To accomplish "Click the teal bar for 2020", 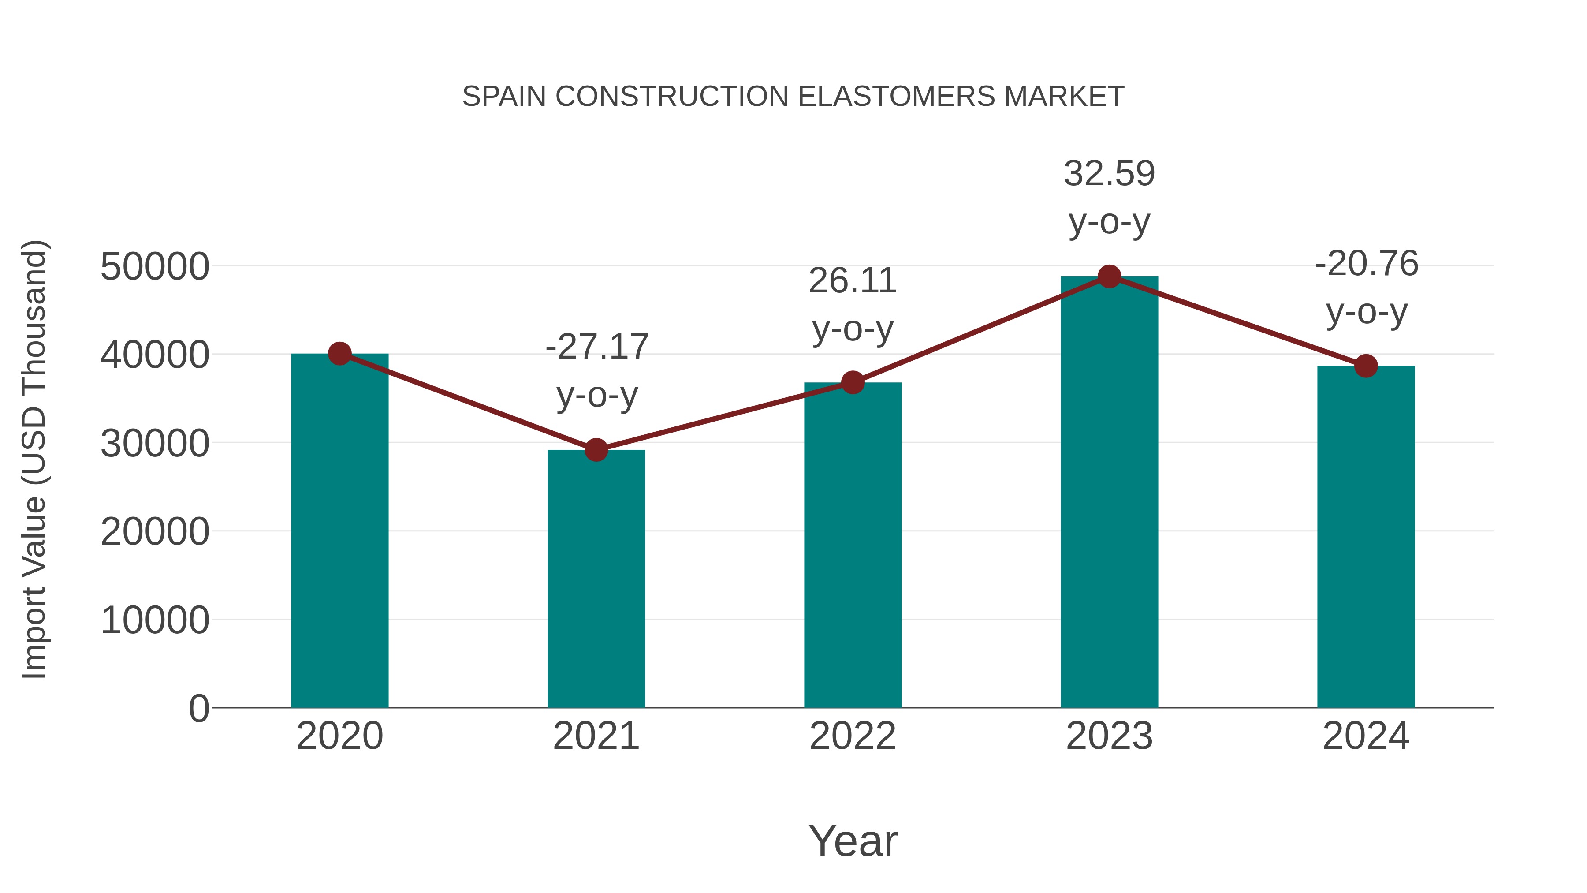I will [339, 530].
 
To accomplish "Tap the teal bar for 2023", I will [1109, 493].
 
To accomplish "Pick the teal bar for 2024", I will [1366, 536].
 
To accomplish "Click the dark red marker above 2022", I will [853, 383].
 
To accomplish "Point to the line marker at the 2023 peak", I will [1109, 276].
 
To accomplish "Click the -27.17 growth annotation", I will [596, 347].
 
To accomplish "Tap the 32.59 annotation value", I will [1109, 174].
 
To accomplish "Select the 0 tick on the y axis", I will [199, 708].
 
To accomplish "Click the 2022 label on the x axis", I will [853, 736].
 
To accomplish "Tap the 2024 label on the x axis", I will [1366, 736].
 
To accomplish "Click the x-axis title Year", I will [853, 841].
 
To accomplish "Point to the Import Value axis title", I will [34, 459].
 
